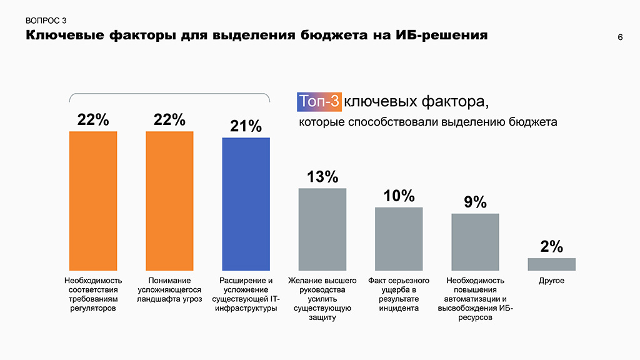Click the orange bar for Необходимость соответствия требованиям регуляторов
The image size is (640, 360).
pos(93,201)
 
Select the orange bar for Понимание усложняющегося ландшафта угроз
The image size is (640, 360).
pos(169,201)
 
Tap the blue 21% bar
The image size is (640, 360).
pos(246,204)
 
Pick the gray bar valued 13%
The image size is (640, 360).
pos(322,229)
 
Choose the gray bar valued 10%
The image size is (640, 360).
pos(399,239)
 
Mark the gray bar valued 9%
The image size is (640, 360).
pos(475,242)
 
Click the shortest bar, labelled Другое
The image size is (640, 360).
pos(551,264)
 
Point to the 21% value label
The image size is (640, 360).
pos(246,126)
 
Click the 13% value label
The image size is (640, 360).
pos(322,177)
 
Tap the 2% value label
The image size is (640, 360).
pos(551,246)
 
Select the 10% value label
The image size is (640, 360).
pos(399,196)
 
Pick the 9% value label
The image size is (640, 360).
pos(475,202)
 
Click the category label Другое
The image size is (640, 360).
pos(551,281)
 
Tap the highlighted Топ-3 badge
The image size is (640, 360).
pos(319,101)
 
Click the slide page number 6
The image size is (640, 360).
pos(620,37)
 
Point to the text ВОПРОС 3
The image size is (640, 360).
pos(46,21)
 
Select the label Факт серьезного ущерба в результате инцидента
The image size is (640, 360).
pos(399,294)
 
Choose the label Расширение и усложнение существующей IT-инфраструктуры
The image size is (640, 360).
pos(246,294)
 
